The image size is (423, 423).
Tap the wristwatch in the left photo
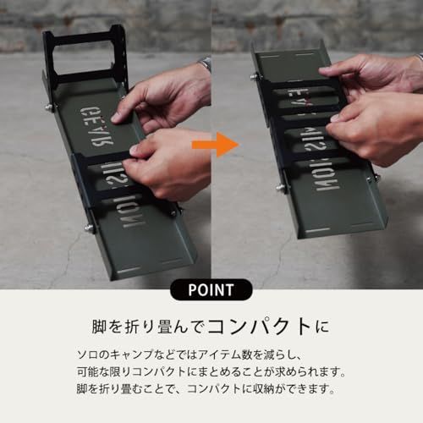click(204, 64)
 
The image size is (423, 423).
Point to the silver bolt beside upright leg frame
click(49, 107)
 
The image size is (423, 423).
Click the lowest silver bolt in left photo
click(90, 227)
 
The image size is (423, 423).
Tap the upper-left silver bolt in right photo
click(253, 76)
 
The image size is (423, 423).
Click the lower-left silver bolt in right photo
click(281, 187)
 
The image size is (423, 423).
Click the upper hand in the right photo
click(372, 72)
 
